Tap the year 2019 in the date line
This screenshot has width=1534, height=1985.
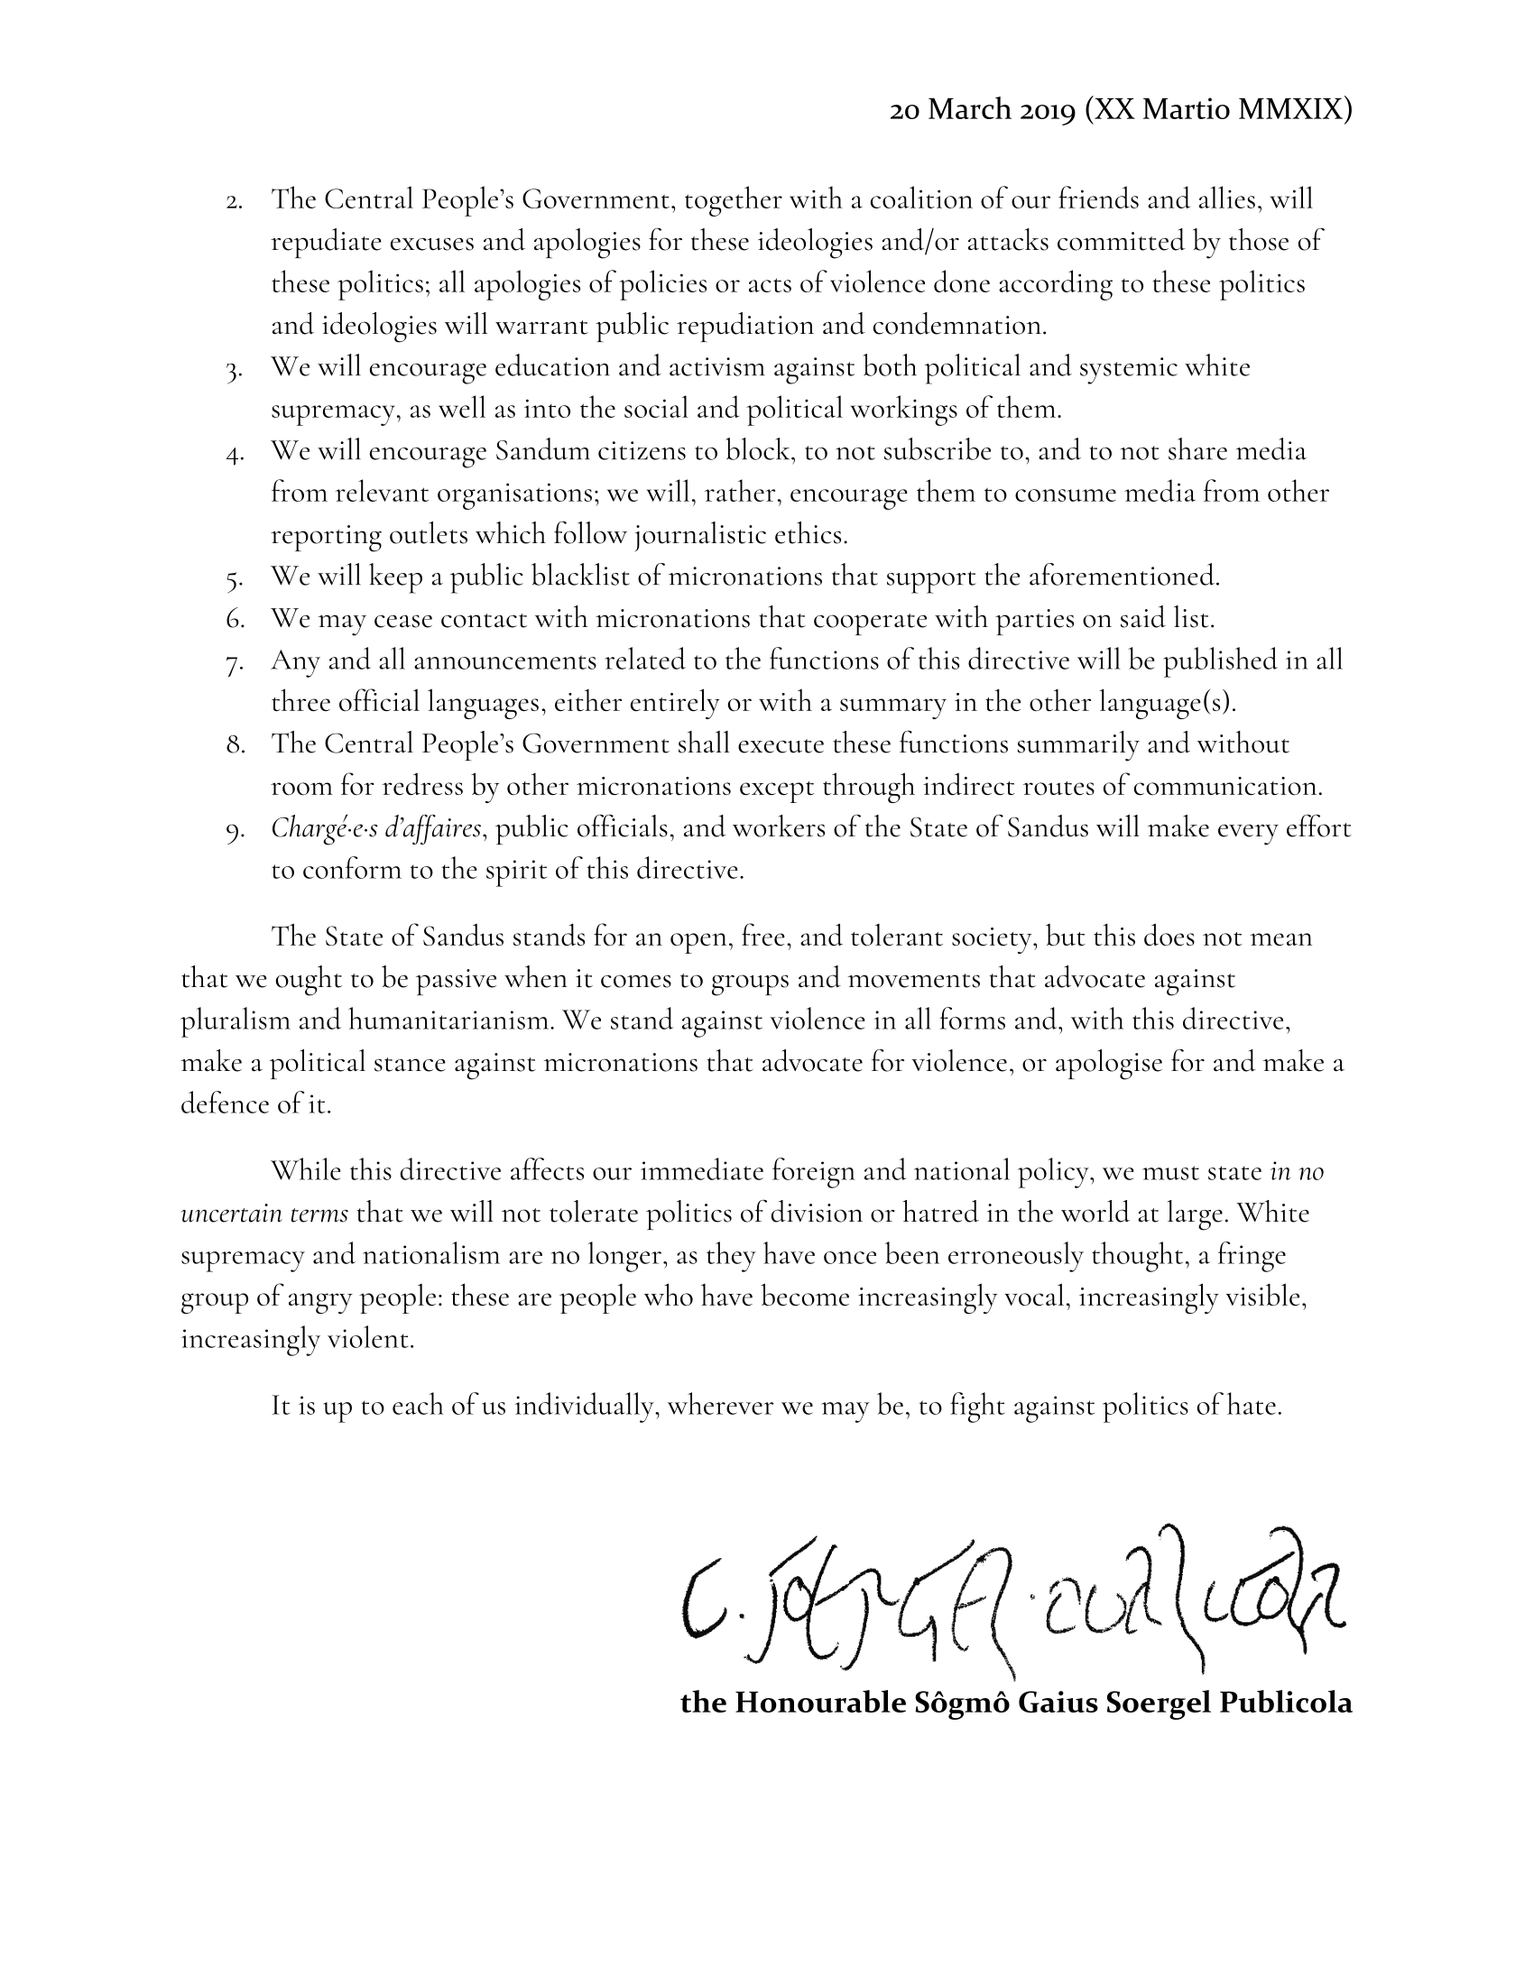[x=1044, y=110]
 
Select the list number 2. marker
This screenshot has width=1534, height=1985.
[x=235, y=202]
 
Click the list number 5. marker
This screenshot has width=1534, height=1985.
[x=235, y=578]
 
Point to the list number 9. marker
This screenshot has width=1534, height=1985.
[x=235, y=831]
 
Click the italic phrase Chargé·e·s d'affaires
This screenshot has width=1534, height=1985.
[x=375, y=829]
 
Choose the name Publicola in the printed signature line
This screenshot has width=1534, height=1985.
[x=1285, y=1703]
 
